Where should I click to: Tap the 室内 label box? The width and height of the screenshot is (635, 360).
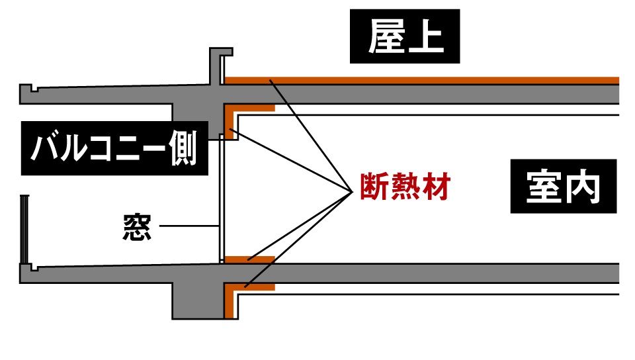click(x=564, y=188)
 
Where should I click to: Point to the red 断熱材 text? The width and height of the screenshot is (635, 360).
click(x=405, y=188)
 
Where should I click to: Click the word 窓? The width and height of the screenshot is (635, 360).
click(x=137, y=227)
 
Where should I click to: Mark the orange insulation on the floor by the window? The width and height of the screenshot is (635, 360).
click(x=249, y=259)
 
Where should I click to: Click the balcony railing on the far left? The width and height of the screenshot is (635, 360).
click(x=23, y=228)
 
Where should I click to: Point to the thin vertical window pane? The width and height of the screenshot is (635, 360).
click(x=221, y=199)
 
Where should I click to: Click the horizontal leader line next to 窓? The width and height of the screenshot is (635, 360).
click(x=189, y=226)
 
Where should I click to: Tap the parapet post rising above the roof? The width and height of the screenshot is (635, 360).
click(x=216, y=66)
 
